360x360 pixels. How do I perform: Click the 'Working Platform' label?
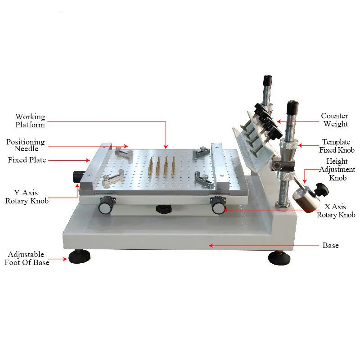pos(30,121)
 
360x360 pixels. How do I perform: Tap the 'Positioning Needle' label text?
pos(25,145)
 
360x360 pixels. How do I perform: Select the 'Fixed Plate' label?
pos(27,160)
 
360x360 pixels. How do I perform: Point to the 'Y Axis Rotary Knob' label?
pos(27,197)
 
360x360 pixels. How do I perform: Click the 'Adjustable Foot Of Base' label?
pos(27,259)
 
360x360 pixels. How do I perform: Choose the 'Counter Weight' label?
pos(335,120)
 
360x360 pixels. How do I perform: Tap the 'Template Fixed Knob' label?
pos(337,146)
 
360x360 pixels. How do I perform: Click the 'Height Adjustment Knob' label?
pos(337,169)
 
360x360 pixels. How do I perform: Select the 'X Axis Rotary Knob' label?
pos(336,211)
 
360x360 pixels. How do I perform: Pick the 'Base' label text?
pos(331,246)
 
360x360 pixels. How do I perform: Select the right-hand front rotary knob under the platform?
pos(219,207)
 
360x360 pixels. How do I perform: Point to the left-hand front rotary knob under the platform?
pos(105,207)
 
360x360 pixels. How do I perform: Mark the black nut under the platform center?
pos(164,209)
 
